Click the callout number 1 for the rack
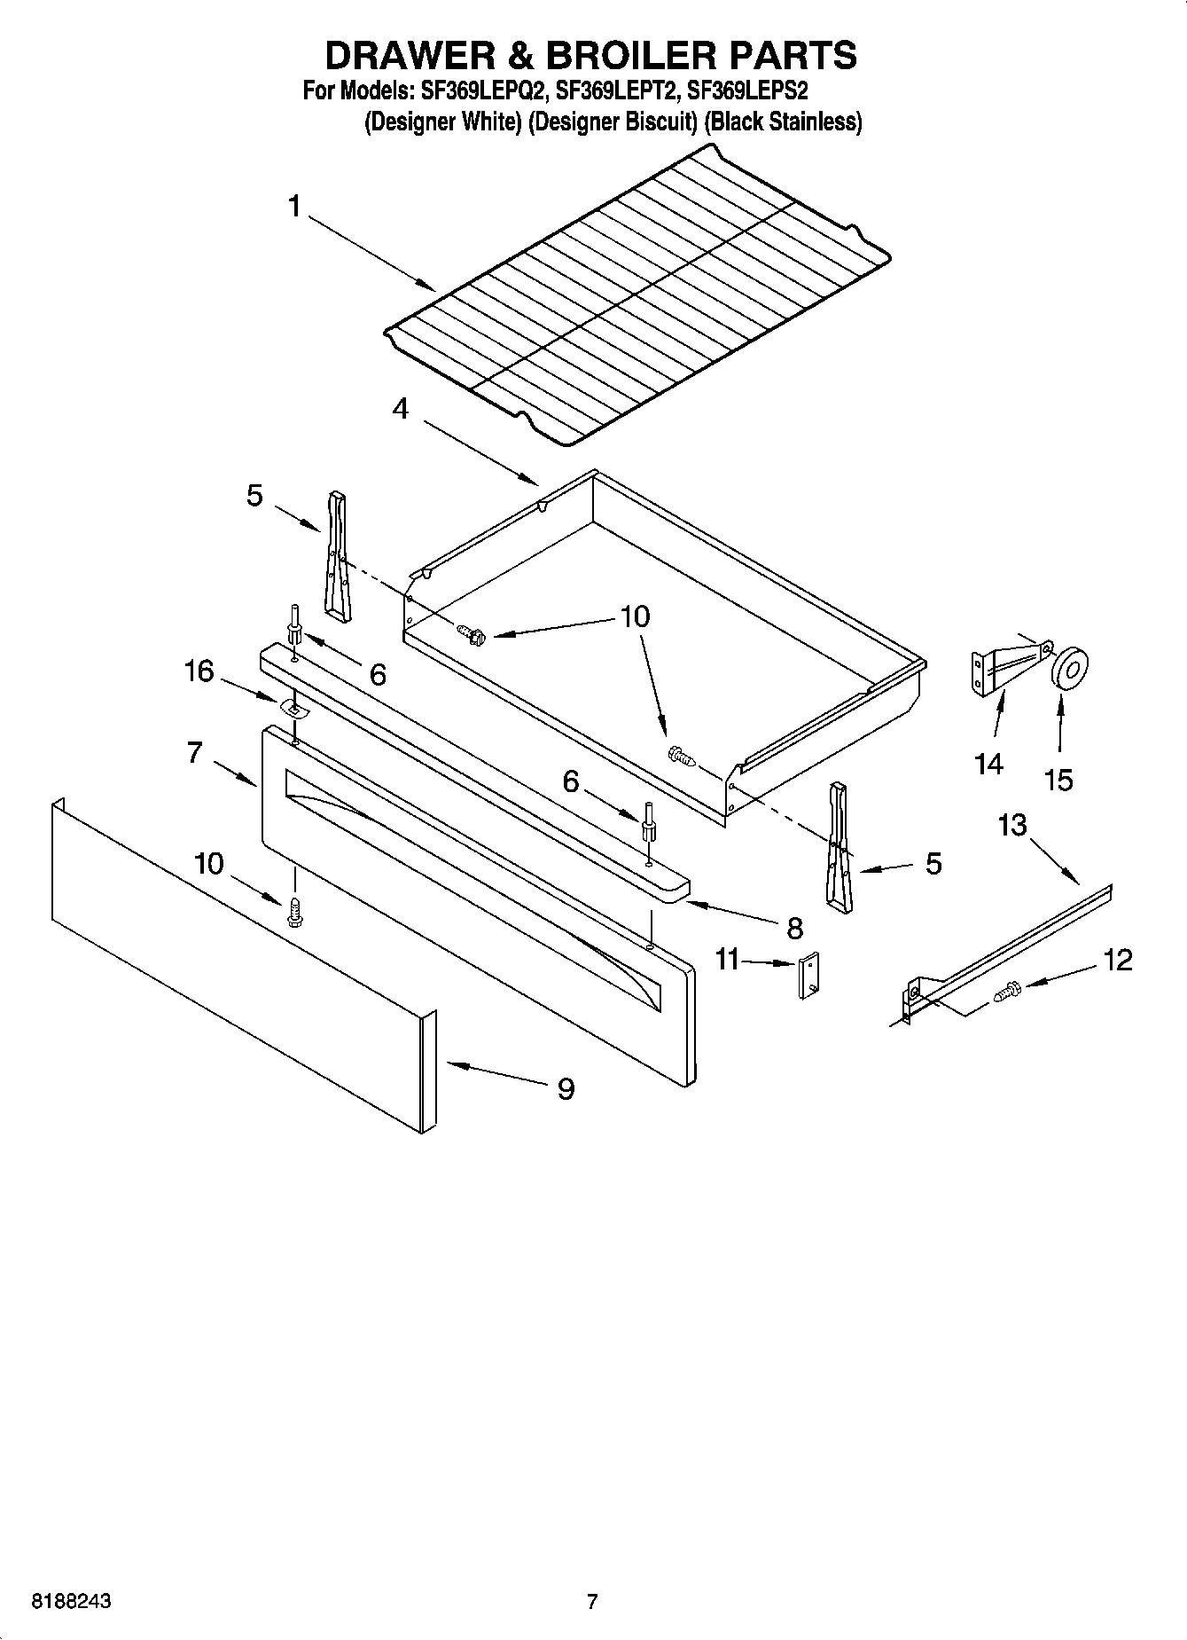[294, 208]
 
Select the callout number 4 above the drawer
[401, 409]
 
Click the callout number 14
[988, 764]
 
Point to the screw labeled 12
[1008, 990]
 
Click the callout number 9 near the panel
[566, 1088]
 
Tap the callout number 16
[199, 671]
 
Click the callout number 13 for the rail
[1011, 825]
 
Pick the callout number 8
[793, 928]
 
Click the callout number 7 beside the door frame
[195, 752]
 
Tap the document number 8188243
[71, 1602]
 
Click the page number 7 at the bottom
[592, 1602]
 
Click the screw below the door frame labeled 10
[295, 913]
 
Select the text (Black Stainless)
[783, 122]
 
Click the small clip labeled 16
[290, 706]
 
